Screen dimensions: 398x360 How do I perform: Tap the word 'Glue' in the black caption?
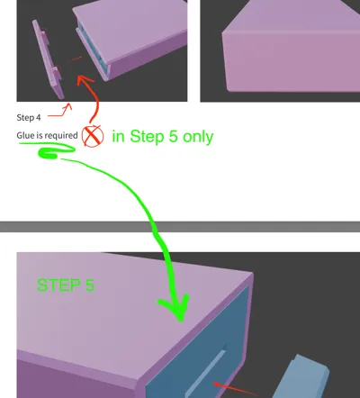(x=26, y=135)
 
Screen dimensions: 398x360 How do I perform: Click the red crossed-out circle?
(x=92, y=136)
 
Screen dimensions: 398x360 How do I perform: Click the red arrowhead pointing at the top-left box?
(x=84, y=81)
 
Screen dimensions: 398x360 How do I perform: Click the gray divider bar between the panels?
(x=180, y=226)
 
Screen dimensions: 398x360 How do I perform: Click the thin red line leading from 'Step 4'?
(x=58, y=112)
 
